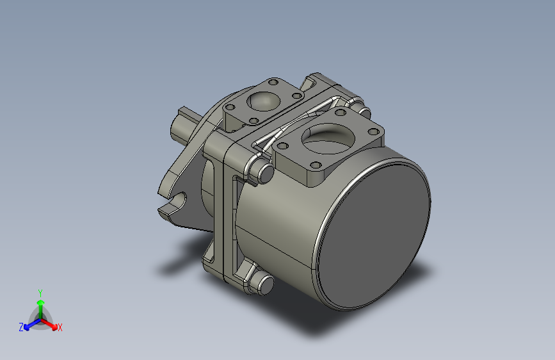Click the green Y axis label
coord(40,291)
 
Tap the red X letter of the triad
coord(60,328)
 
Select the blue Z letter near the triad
coord(21,327)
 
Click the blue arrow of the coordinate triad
coord(29,323)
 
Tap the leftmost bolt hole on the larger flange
coord(282,146)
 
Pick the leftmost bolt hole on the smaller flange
coord(230,108)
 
